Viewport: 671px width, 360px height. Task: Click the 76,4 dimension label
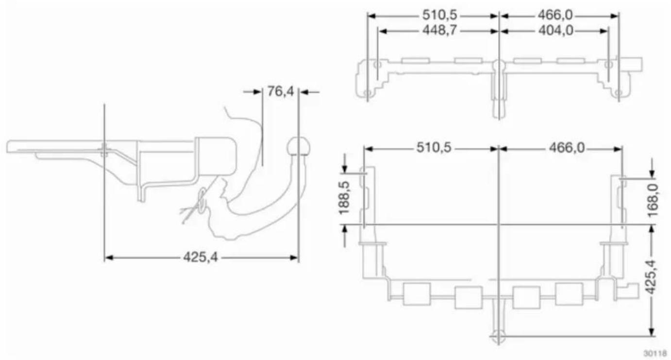click(x=281, y=91)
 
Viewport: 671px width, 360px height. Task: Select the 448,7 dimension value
click(x=440, y=30)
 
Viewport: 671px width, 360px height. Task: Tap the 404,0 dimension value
click(x=556, y=31)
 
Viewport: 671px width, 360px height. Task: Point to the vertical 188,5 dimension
click(x=345, y=197)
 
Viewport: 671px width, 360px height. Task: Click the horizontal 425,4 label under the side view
click(x=201, y=257)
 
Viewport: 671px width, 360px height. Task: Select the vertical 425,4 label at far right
click(x=651, y=277)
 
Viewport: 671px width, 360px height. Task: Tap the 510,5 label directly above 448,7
click(x=440, y=15)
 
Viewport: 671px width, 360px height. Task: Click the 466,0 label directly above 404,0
click(x=555, y=15)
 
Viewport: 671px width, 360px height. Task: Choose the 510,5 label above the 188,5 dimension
click(x=434, y=147)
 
